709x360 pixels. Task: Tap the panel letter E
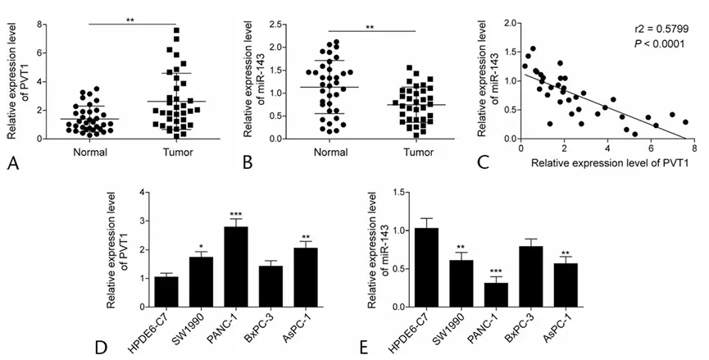[364, 345]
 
